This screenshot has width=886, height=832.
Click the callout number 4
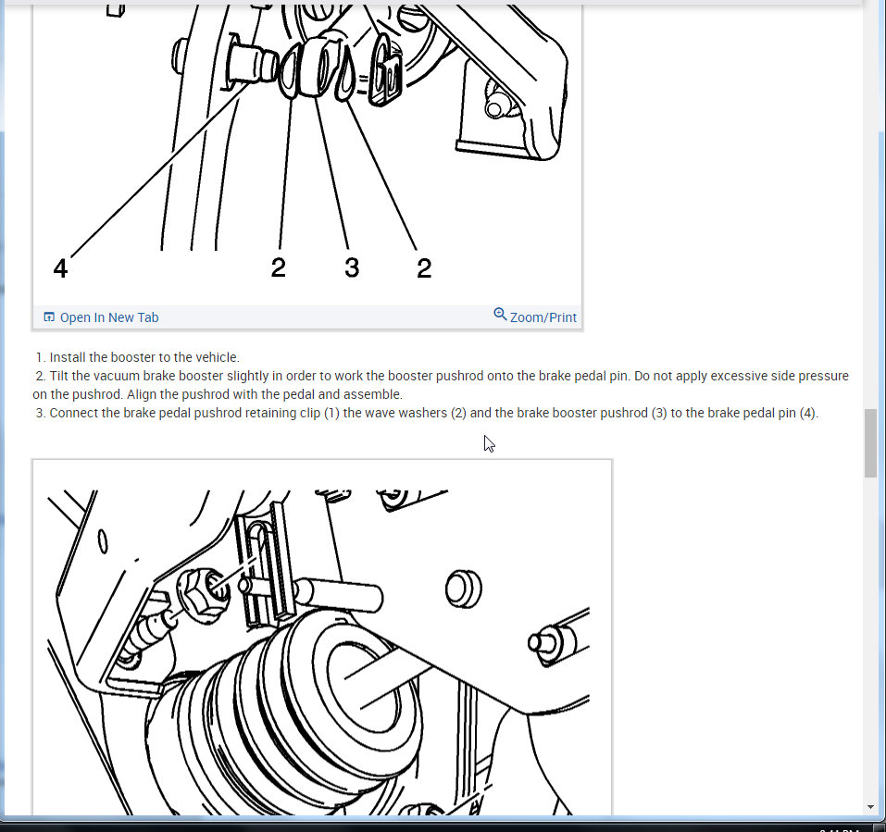pyautogui.click(x=60, y=267)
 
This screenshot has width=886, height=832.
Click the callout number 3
pyautogui.click(x=352, y=267)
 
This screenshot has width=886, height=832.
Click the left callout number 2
pyautogui.click(x=278, y=267)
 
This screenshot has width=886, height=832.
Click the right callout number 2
pyautogui.click(x=424, y=267)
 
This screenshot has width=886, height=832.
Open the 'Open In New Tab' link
pyautogui.click(x=109, y=317)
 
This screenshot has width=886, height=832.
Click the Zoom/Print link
pyautogui.click(x=543, y=317)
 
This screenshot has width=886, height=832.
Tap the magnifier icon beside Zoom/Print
pyautogui.click(x=500, y=314)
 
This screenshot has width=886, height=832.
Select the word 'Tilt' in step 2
pyautogui.click(x=59, y=376)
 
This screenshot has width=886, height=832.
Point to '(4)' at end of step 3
pyautogui.click(x=808, y=413)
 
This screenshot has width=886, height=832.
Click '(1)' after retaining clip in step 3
pyautogui.click(x=331, y=413)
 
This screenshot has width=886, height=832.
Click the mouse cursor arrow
pyautogui.click(x=489, y=444)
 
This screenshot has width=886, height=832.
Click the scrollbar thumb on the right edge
pyautogui.click(x=871, y=443)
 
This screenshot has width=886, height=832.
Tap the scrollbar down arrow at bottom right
pyautogui.click(x=871, y=807)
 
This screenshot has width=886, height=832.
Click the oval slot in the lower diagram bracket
pyautogui.click(x=103, y=540)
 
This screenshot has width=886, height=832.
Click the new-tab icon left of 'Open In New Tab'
pyautogui.click(x=49, y=317)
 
